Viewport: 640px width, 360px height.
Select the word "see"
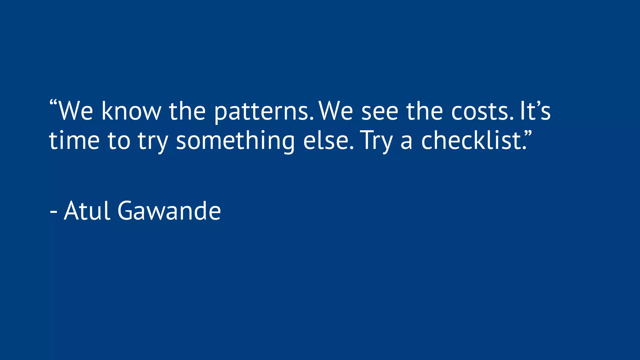coord(380,112)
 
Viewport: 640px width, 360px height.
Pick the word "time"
coord(74,140)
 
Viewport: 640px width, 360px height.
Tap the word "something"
coord(235,141)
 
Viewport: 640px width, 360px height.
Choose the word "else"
coord(327,140)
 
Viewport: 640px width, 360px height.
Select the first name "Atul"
coord(87,211)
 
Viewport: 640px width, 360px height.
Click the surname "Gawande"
coord(169,211)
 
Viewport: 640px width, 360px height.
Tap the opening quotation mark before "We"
coord(53,103)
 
